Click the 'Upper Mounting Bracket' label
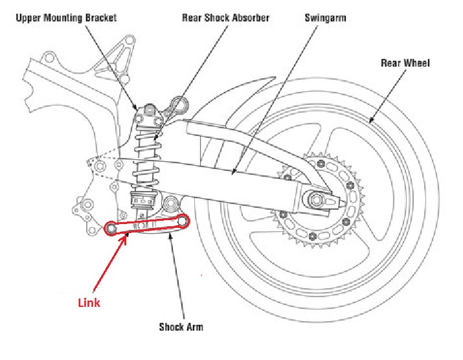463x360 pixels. pos(66,18)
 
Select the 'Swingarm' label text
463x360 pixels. pos(325,18)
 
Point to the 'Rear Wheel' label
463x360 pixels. pos(405,63)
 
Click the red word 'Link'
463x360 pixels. pos(89,302)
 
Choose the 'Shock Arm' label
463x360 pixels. pos(181,327)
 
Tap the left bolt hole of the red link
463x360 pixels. pos(112,228)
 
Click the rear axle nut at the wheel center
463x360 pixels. pos(317,199)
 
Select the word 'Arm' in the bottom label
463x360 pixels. pos(194,327)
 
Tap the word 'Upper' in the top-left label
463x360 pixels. pos(28,18)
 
